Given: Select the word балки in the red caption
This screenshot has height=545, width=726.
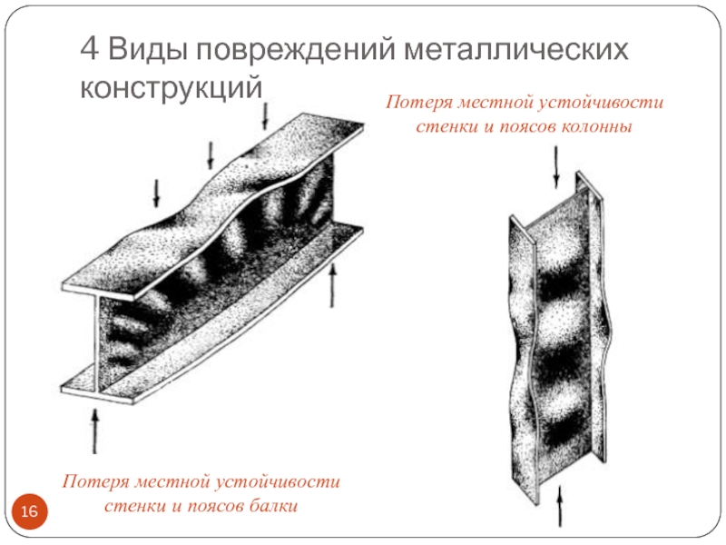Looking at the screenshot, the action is pyautogui.click(x=272, y=505).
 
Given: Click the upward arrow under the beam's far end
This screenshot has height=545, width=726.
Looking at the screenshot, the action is pyautogui.click(x=334, y=286).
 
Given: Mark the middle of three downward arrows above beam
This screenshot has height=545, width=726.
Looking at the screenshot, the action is pyautogui.click(x=211, y=155).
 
